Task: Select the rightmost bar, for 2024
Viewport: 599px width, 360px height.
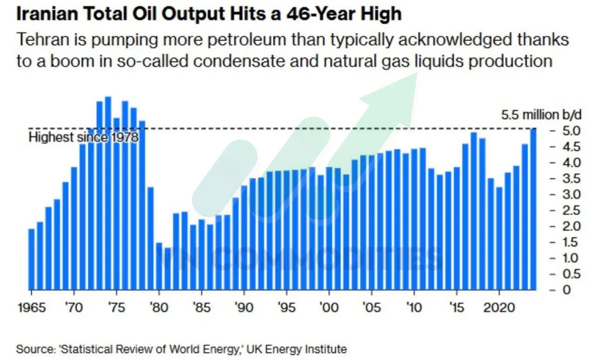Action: pos(533,209)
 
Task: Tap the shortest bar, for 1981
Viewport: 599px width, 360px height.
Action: pos(168,269)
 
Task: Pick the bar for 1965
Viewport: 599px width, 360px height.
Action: pos(31,259)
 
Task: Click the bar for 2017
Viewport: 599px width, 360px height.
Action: pos(474,211)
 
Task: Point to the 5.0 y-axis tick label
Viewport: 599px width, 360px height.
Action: pos(571,131)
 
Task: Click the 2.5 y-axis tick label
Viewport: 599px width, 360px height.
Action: pos(571,211)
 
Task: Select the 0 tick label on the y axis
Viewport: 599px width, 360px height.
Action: pos(566,290)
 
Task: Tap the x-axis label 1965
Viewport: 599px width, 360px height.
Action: pos(32,308)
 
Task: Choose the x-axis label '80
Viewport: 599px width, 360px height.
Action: pos(159,308)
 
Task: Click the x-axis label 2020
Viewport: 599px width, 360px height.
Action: pos(499,308)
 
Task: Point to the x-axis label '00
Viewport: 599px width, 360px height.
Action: pos(329,308)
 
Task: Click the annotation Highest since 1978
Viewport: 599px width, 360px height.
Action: pos(83,137)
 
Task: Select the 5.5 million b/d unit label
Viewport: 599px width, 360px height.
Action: pos(541,115)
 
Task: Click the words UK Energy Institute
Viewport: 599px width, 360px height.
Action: pos(297,349)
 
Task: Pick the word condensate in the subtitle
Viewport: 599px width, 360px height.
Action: pos(239,61)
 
